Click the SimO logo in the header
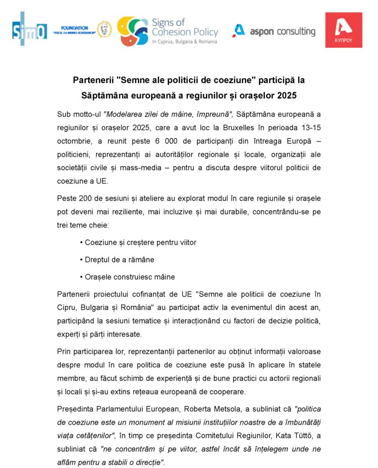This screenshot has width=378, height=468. click(x=29, y=30)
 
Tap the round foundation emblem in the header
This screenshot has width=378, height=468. click(x=104, y=29)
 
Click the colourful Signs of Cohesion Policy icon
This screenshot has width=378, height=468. click(x=132, y=31)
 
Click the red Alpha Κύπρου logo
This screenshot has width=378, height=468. click(x=344, y=30)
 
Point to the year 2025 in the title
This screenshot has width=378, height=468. click(x=287, y=95)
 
